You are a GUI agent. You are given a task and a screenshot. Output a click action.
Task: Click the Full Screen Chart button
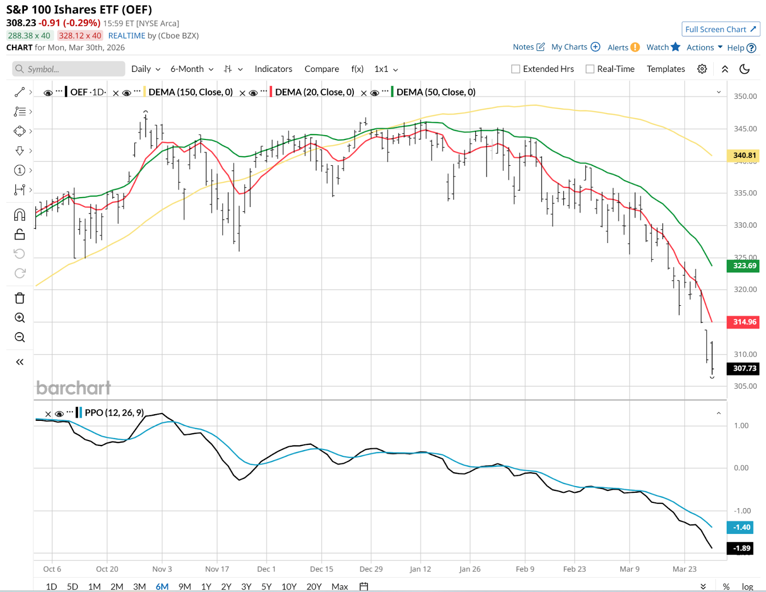coord(721,29)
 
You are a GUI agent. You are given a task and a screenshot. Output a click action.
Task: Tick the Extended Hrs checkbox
coord(516,69)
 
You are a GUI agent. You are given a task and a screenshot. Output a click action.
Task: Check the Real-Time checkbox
coord(590,69)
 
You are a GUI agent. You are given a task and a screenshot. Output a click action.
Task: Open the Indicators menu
coord(273,69)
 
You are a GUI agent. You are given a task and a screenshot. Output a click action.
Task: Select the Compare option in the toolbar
coord(322,69)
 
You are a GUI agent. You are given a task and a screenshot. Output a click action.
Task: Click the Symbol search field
coord(68,69)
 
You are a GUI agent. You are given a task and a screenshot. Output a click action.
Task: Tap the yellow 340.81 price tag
coord(744,155)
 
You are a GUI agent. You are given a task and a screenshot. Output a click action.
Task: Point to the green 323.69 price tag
coord(744,266)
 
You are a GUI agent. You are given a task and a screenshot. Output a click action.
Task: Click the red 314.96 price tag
coord(744,322)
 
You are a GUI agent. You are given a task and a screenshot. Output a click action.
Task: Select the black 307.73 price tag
coord(744,368)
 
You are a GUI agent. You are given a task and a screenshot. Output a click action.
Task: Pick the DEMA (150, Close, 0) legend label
coord(191,92)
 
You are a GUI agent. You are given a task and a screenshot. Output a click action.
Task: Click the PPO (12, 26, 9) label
coord(114,413)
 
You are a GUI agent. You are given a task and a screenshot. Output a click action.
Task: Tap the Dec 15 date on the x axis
coord(321,569)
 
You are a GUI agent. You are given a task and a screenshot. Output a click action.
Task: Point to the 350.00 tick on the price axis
coord(745,96)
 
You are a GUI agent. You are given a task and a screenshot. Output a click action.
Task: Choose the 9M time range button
coord(184,587)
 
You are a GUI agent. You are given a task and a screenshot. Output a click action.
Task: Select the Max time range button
coord(339,587)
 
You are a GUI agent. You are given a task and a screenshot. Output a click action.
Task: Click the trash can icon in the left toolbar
coord(20,298)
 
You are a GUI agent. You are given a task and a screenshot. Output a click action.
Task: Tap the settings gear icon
coord(702,69)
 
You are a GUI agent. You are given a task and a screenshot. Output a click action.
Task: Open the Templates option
coord(665,69)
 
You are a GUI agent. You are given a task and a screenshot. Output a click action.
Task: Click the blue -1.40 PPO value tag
coord(741,527)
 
